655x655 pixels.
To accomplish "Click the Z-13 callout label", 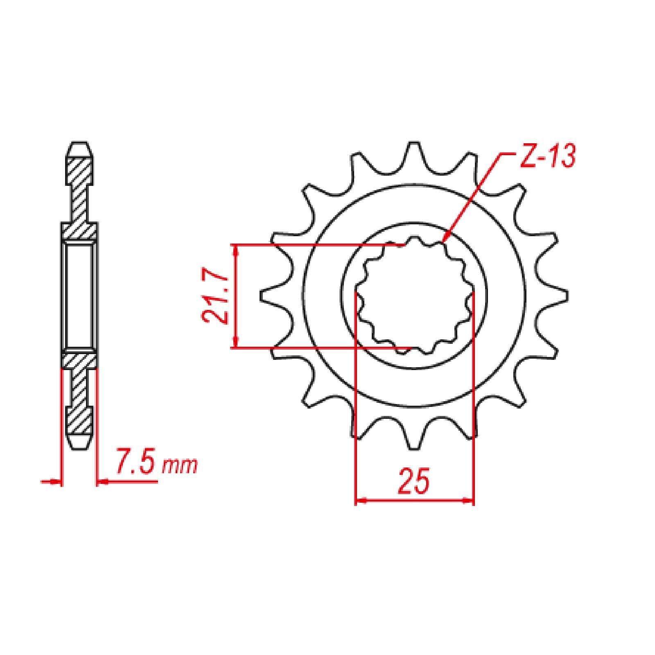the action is [547, 156].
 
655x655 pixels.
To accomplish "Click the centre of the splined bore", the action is [414, 296].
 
